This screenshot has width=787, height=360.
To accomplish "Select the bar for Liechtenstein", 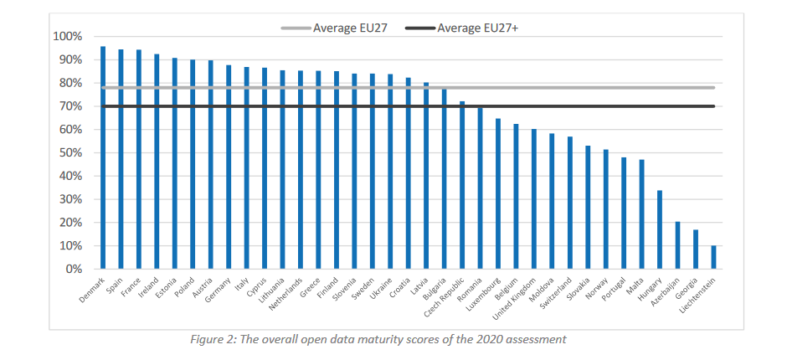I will click(x=714, y=257).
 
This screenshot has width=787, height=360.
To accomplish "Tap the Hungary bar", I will click(x=660, y=229).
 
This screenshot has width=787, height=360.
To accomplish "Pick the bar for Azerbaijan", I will click(x=678, y=245).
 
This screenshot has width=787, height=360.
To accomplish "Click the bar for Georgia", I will click(x=696, y=249).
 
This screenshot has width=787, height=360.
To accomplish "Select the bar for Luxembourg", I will click(x=498, y=193).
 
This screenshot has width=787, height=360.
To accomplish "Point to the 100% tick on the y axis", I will click(x=67, y=37).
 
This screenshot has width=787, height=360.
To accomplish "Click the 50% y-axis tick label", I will click(x=69, y=153).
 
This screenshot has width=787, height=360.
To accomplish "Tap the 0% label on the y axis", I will click(x=73, y=270).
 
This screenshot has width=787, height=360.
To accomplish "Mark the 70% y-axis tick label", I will click(x=69, y=106).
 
